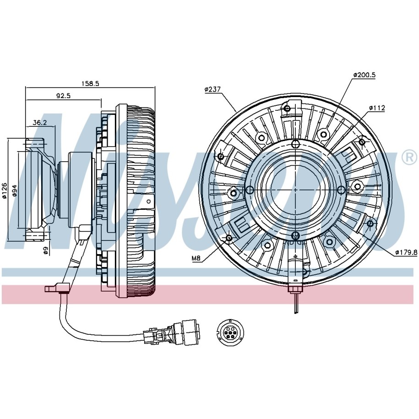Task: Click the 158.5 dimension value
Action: click(90, 83)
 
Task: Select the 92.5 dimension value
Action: click(63, 96)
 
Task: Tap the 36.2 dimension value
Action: click(40, 122)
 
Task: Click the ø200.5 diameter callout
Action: click(364, 75)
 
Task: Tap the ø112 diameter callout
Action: click(377, 108)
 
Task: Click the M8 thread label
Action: click(196, 258)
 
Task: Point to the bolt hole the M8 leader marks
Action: click(229, 237)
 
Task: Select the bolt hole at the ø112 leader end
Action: click(362, 142)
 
